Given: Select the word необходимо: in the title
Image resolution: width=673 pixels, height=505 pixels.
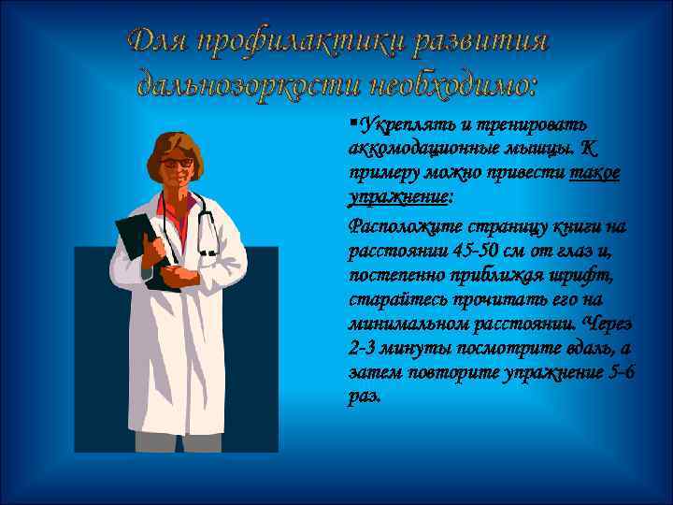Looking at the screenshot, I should click(453, 86).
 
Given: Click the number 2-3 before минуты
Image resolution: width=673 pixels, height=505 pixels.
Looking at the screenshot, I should click(361, 348).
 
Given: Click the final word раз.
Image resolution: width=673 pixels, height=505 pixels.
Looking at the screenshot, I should click(364, 397).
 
